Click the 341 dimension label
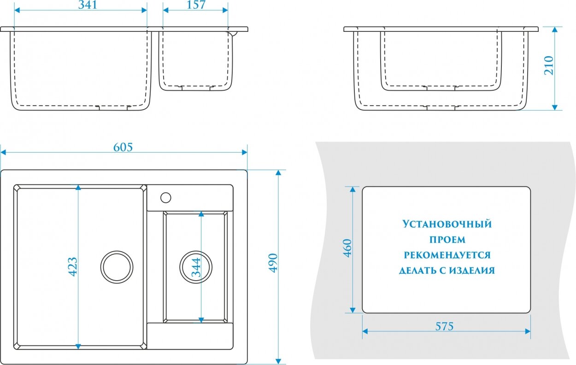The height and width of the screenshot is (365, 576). (x=82, y=5)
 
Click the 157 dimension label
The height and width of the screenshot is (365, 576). (x=196, y=5)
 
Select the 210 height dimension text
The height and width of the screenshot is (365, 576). (x=548, y=65)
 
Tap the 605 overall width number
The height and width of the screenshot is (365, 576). (x=123, y=147)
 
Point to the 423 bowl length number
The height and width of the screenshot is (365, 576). (x=72, y=266)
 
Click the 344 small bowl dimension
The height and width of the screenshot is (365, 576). (x=196, y=266)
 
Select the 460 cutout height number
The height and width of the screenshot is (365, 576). (x=347, y=249)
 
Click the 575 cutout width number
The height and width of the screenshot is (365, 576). (x=445, y=326)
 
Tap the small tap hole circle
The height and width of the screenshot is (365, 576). (x=166, y=198)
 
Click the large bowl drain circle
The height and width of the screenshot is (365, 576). (x=117, y=267)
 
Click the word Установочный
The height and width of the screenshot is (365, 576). (x=447, y=224)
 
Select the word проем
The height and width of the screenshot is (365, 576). (x=447, y=240)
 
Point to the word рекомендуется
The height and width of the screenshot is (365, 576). (x=447, y=255)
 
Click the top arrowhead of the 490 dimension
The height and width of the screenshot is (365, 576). (x=278, y=172)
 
